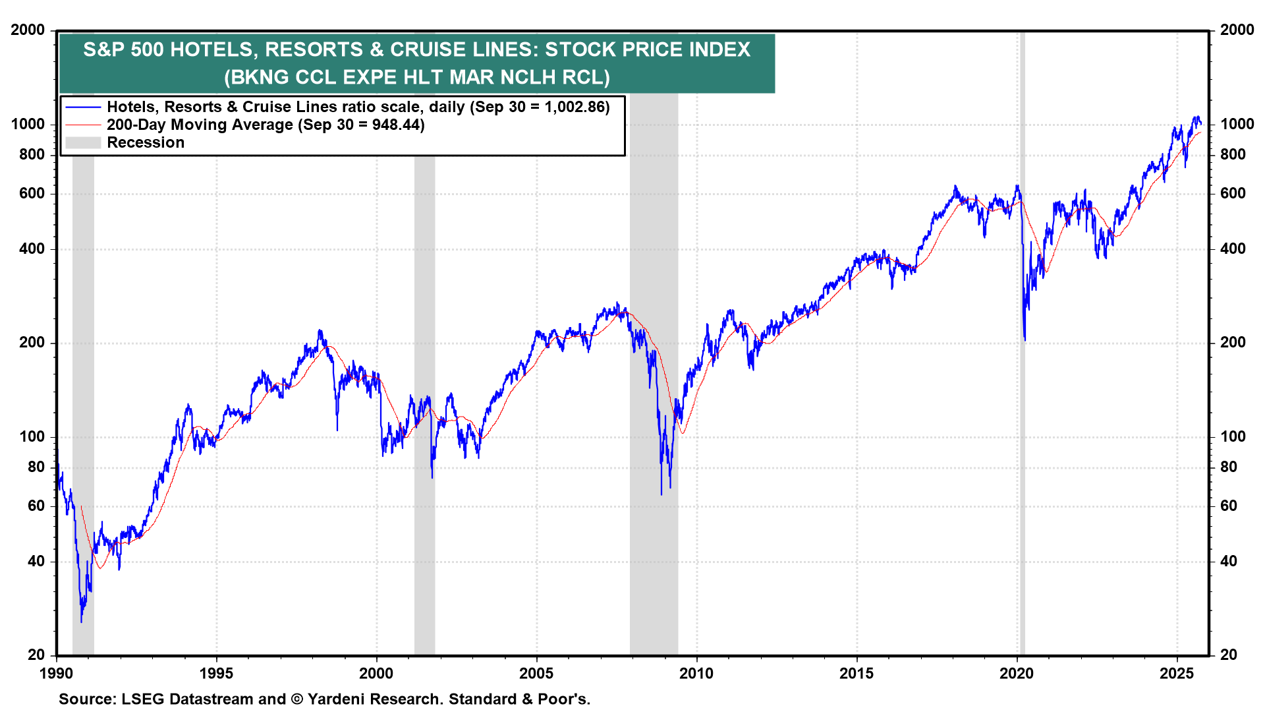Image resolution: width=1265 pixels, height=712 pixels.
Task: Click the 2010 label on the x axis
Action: point(696,673)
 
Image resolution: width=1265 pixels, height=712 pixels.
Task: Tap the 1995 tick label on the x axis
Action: point(216,673)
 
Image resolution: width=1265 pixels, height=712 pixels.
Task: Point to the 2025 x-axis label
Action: point(1177,673)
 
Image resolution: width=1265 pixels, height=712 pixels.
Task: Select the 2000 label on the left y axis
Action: point(28,30)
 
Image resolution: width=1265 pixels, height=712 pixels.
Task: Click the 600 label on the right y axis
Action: point(1233,193)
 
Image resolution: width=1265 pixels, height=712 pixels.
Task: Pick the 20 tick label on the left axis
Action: point(36,655)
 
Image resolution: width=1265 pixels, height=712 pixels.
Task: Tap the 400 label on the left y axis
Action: point(32,249)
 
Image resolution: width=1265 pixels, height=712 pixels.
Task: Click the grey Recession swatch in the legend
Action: point(83,142)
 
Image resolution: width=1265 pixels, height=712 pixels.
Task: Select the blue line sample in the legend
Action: point(83,107)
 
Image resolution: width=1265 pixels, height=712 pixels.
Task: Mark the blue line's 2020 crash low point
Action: point(1025,340)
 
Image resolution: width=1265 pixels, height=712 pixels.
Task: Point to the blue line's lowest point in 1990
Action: point(82,621)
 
